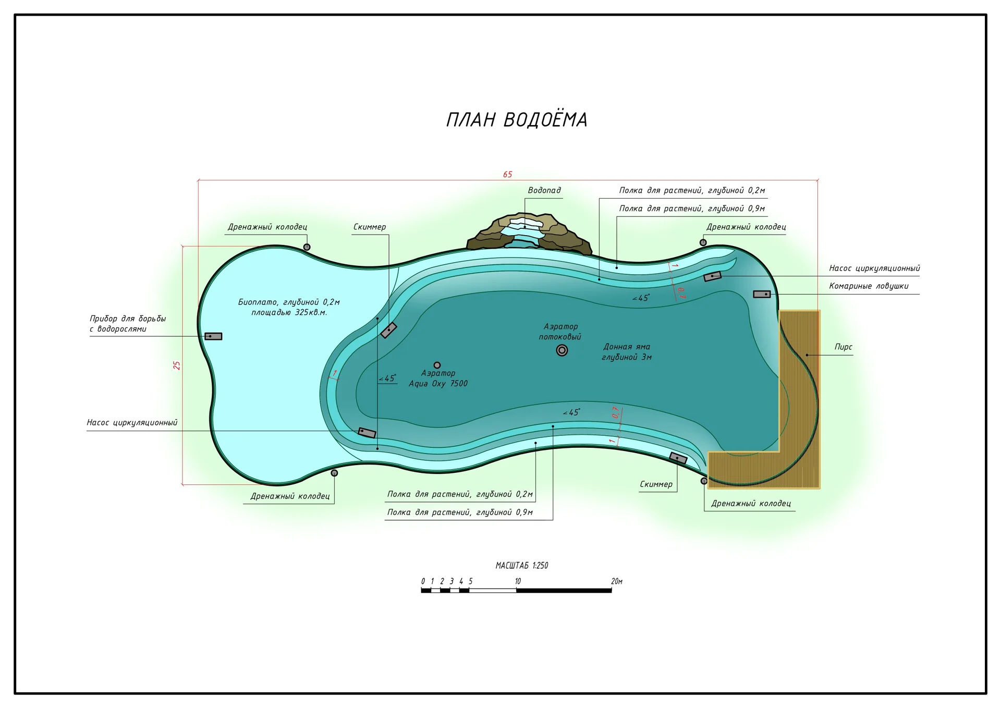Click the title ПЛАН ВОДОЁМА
click(517, 119)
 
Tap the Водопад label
click(544, 190)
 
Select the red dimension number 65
click(508, 175)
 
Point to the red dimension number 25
click(177, 365)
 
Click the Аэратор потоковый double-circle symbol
click(562, 350)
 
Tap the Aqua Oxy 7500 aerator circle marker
click(437, 365)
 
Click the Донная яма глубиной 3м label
click(627, 352)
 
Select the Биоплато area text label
click(289, 307)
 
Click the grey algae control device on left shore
click(213, 336)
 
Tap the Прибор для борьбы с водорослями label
click(128, 324)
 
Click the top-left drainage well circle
click(307, 247)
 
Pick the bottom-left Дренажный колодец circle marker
click(335, 473)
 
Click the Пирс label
click(844, 347)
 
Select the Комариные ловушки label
click(869, 286)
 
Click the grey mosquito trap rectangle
click(762, 295)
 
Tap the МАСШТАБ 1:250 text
click(522, 565)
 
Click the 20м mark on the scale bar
click(617, 581)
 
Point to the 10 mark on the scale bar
click(518, 581)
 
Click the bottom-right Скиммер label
click(656, 484)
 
